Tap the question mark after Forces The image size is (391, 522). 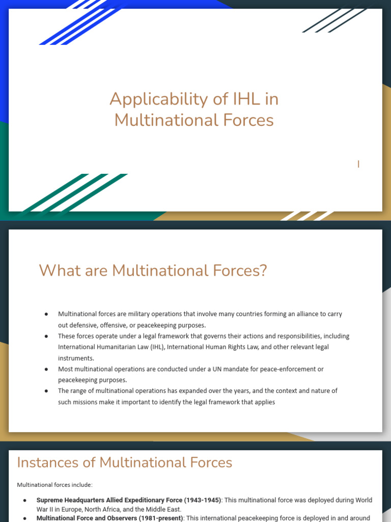263,271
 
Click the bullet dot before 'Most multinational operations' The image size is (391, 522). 46,369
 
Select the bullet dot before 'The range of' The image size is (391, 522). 46,391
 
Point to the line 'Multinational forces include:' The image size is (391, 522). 55,485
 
